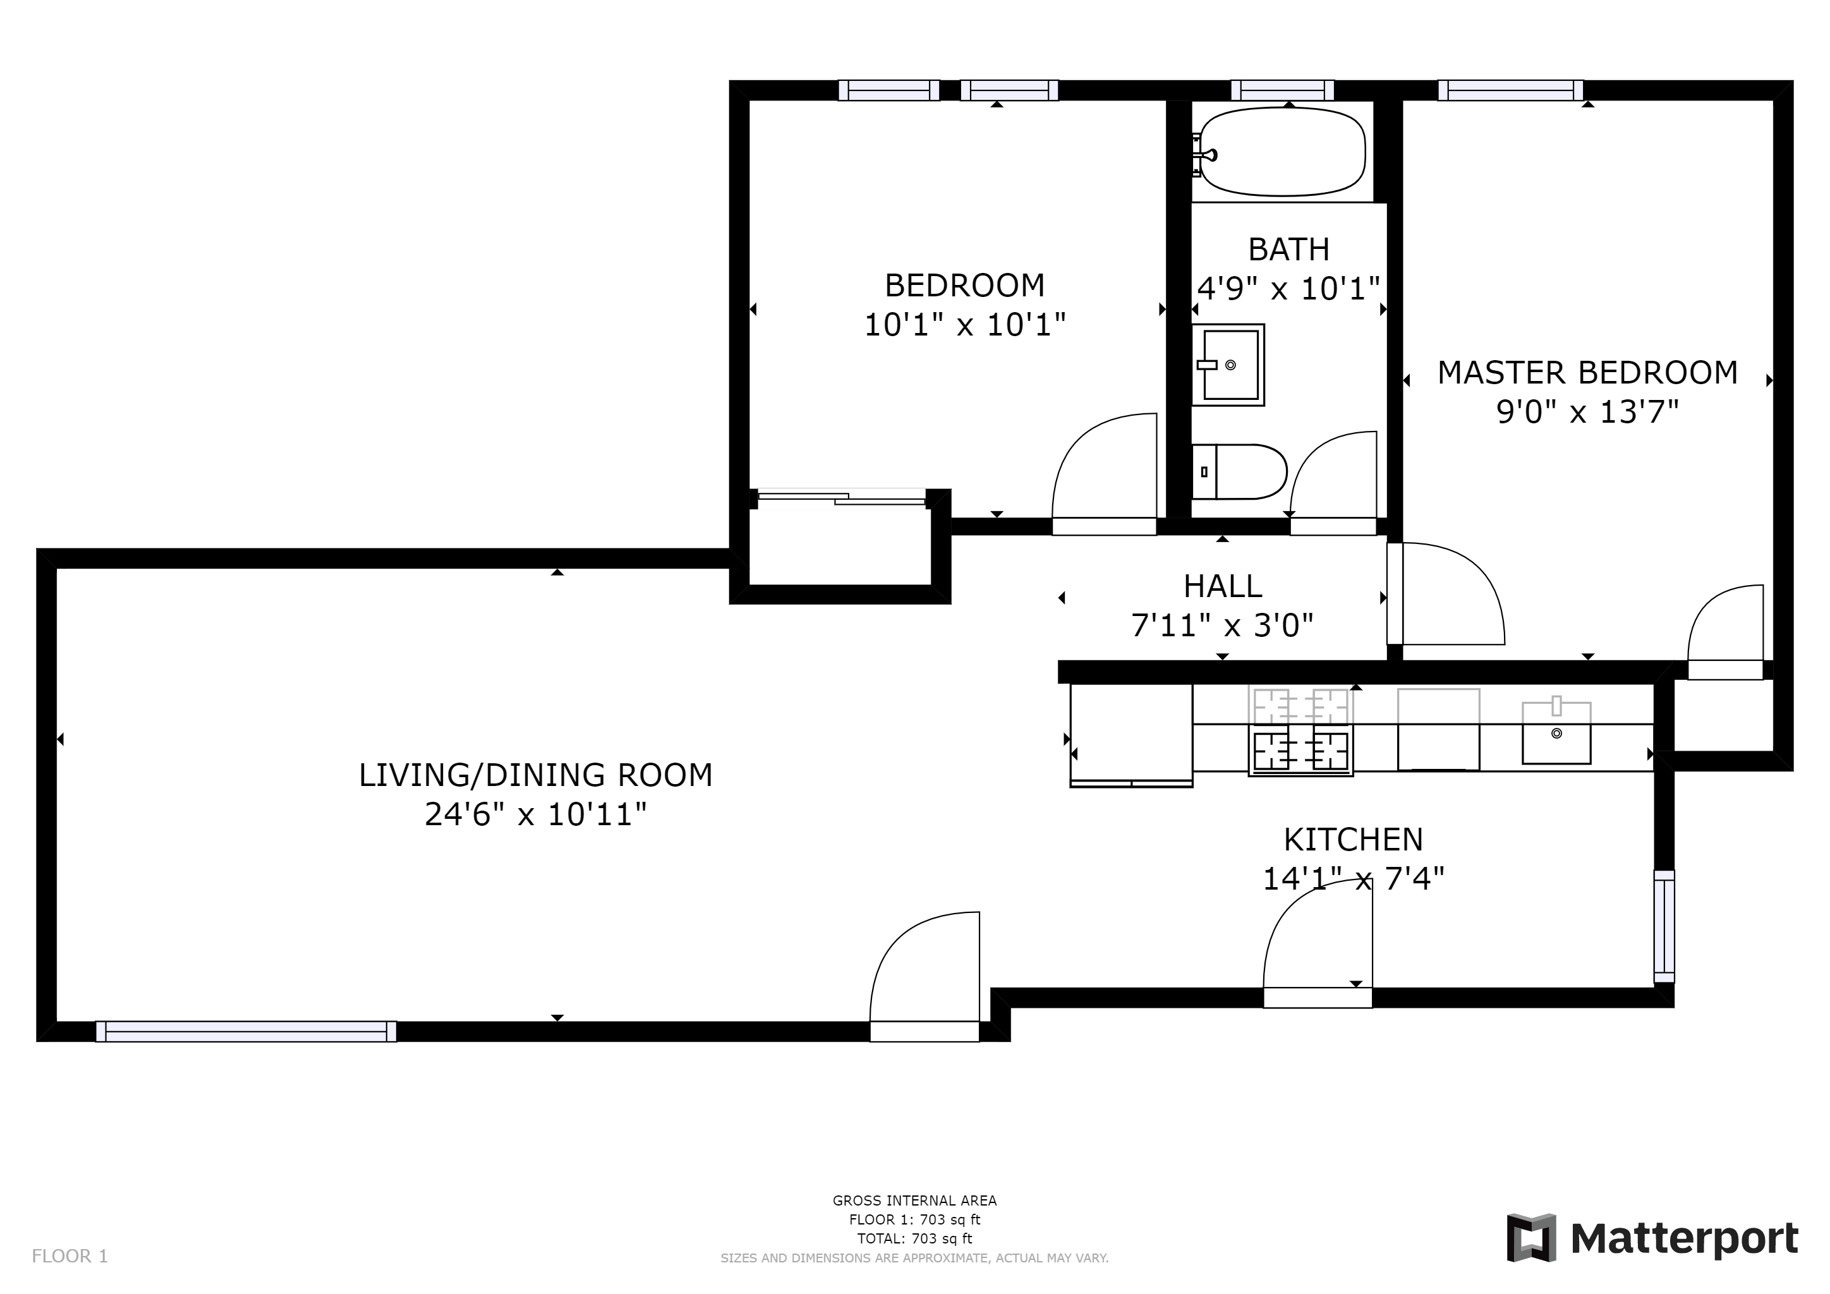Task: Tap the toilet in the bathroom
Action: (1240, 472)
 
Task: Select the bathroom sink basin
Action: (1230, 365)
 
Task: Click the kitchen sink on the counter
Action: (1556, 733)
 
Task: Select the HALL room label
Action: (1222, 586)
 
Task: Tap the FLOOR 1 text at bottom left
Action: (70, 1257)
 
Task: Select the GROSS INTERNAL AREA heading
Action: (914, 1200)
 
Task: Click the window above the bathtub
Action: (1282, 90)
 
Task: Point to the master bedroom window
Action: (1510, 90)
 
